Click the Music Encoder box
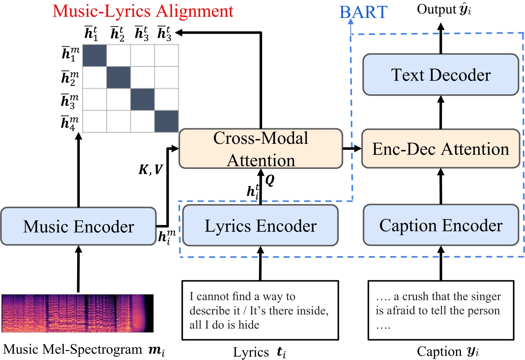(78, 227)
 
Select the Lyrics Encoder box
(260, 226)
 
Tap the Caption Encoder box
(440, 225)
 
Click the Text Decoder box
(440, 75)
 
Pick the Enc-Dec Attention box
(440, 149)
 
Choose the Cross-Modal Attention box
(260, 149)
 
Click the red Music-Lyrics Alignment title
(143, 11)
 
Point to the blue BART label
(363, 12)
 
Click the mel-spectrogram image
(77, 313)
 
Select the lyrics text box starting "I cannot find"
(260, 310)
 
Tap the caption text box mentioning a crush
(440, 310)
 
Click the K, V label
(150, 169)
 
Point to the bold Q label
(270, 180)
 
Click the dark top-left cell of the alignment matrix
(94, 55)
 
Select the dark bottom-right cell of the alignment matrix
(166, 121)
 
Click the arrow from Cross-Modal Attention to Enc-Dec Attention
(351, 149)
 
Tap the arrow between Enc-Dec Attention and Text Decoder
(440, 112)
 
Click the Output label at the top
(443, 9)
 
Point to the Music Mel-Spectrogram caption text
(83, 350)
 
